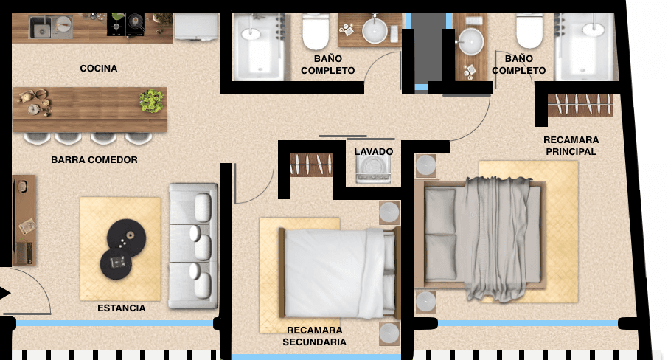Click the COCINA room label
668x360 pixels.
pos(98,68)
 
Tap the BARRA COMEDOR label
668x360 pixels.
pos(94,160)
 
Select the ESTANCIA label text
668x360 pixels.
pos(122,308)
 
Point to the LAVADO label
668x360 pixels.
pos(374,152)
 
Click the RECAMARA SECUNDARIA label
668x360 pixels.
pos(314,336)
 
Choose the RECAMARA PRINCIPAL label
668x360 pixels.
pos(571,146)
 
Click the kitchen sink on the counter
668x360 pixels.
pos(51,27)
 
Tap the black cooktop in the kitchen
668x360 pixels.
pos(125,24)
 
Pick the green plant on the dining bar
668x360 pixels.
pos(151,100)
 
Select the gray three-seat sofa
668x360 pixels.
pos(193,246)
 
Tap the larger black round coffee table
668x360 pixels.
pos(127,238)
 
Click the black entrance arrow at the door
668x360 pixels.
pos(5,293)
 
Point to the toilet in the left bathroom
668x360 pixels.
pos(316,31)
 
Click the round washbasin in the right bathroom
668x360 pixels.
pos(471,42)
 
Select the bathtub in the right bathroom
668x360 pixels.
pos(587,46)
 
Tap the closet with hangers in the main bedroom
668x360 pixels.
pos(580,105)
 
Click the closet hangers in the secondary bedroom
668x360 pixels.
pos(312,165)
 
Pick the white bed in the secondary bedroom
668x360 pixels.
pos(339,273)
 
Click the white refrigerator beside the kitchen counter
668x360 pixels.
pos(196,27)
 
